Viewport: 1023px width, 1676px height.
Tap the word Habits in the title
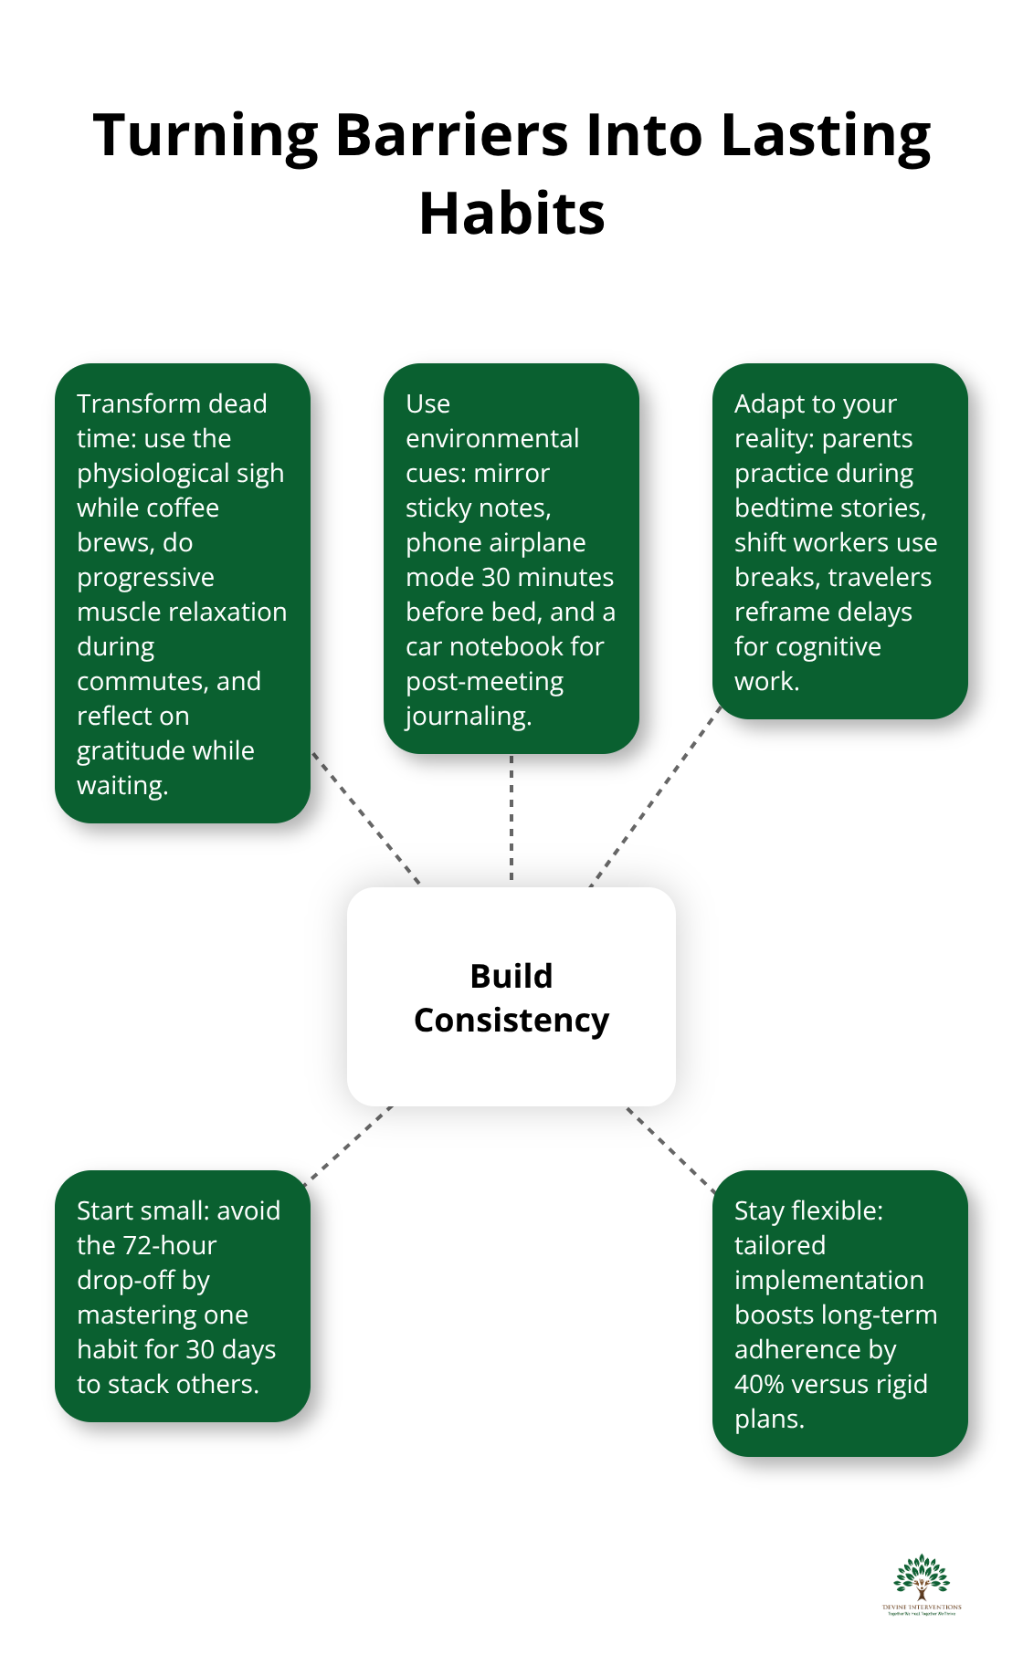[511, 215]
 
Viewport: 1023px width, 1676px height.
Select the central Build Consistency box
[511, 997]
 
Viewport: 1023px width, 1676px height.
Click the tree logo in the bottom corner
[922, 1583]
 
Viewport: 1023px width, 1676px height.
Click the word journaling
[468, 716]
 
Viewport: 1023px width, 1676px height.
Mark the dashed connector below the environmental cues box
[511, 818]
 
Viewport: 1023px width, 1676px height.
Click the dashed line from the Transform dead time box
[365, 818]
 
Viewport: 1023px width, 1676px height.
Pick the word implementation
[828, 1280]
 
